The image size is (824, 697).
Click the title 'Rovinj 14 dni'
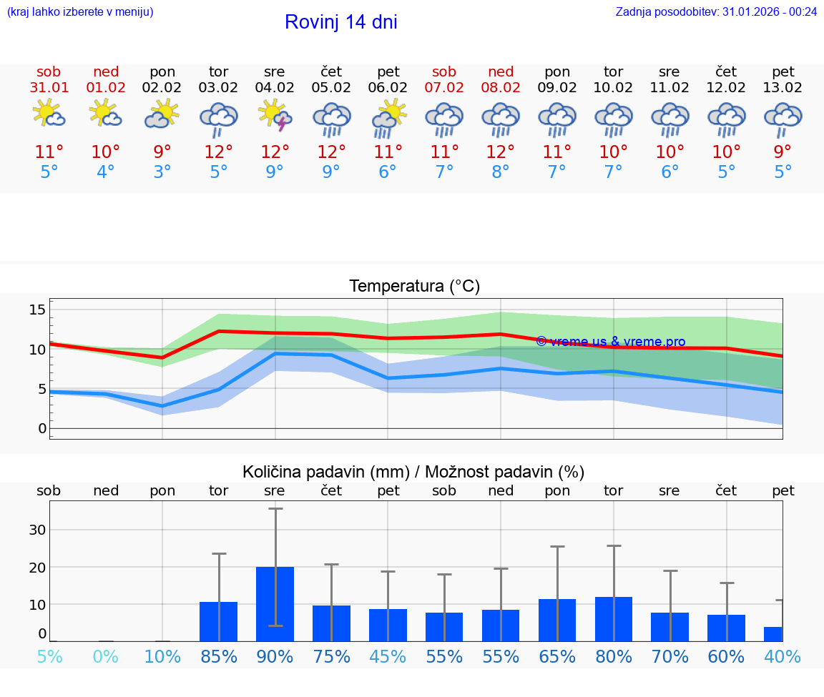tap(340, 22)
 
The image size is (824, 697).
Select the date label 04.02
tap(275, 88)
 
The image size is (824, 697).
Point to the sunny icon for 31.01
tap(49, 114)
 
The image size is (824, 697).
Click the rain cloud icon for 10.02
tap(613, 119)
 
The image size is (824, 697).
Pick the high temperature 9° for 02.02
tap(162, 152)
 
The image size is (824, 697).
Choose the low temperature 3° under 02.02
tap(162, 172)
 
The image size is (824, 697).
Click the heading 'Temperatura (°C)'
tap(414, 287)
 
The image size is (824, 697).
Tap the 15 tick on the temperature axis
tap(37, 310)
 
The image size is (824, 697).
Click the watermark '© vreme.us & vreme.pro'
tap(610, 342)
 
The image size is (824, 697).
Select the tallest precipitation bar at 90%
tap(275, 604)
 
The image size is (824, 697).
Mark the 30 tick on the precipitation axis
tap(37, 530)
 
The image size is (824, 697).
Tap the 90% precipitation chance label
tap(275, 656)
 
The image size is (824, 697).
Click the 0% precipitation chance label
tap(105, 656)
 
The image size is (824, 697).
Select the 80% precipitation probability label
tap(613, 656)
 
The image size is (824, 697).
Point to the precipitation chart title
tap(413, 472)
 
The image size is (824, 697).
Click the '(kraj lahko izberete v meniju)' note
tap(80, 11)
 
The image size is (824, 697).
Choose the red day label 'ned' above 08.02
tap(501, 71)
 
